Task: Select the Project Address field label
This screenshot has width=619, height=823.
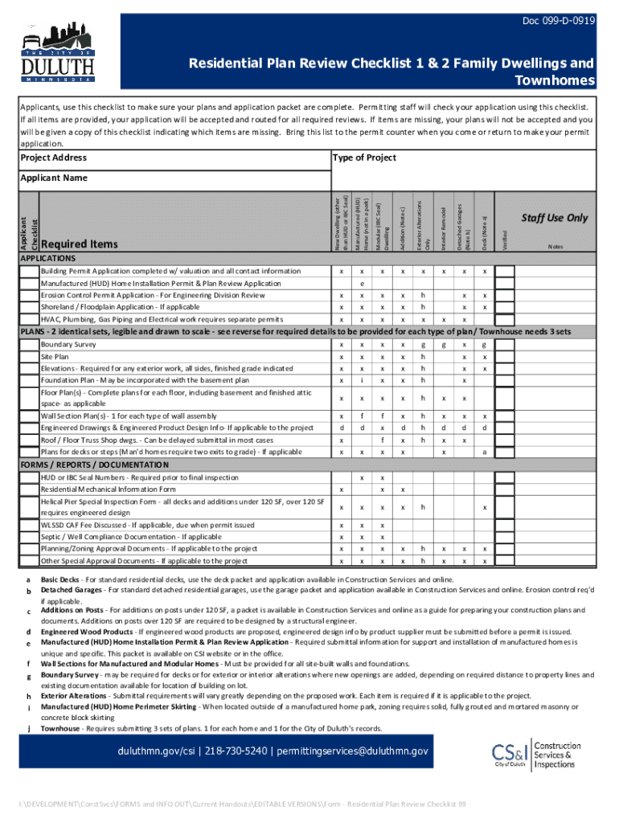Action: point(54,158)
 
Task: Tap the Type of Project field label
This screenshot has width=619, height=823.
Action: point(364,158)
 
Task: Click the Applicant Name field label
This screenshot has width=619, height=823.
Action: point(53,178)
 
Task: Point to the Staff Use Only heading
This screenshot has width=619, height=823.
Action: point(554,218)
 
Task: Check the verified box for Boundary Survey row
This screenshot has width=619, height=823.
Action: point(505,344)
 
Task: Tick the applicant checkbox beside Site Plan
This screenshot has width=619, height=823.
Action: point(30,356)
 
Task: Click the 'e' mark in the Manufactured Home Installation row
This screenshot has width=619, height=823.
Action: point(363,284)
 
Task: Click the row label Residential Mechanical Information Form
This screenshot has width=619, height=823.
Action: point(108,489)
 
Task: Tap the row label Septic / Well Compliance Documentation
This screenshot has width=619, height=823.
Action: point(120,537)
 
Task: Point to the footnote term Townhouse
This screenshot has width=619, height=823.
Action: point(60,728)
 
